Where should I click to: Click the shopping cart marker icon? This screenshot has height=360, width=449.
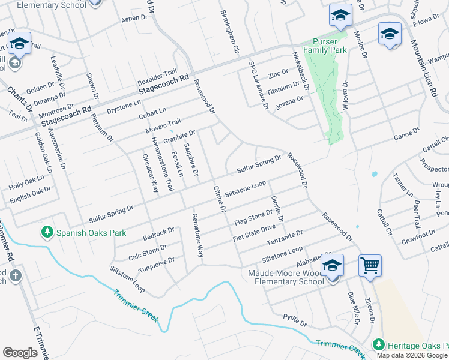(370, 265)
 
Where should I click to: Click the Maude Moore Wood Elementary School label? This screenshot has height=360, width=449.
(289, 278)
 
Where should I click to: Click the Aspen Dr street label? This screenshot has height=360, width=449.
(134, 18)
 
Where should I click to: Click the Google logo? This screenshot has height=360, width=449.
(20, 353)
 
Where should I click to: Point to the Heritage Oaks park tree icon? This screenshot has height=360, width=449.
(378, 345)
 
